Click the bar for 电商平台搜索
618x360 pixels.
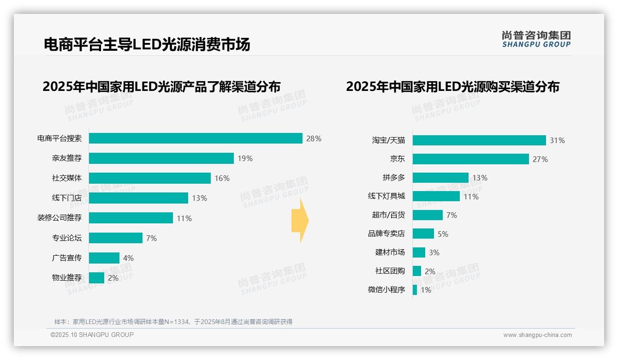point(196,138)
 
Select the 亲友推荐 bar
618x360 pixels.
point(161,158)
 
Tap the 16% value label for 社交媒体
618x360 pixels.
point(222,178)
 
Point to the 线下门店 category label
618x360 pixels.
point(66,198)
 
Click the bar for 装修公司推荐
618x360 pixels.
point(131,218)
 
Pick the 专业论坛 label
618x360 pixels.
point(66,238)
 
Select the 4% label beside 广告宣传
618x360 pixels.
point(128,258)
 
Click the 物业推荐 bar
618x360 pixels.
point(96,278)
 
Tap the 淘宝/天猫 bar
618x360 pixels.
point(479,140)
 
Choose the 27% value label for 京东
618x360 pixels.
point(540,159)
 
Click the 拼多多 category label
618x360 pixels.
point(393,178)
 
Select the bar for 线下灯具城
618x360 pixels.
point(436,196)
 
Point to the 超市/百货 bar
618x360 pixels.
point(428,215)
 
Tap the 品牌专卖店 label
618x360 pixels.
point(386,234)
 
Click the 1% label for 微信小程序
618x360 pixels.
point(426,290)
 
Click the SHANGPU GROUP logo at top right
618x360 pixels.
point(536,39)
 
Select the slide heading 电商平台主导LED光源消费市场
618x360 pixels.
point(147,45)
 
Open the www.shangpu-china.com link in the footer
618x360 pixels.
point(537,335)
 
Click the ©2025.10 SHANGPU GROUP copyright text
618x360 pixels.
point(92,335)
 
